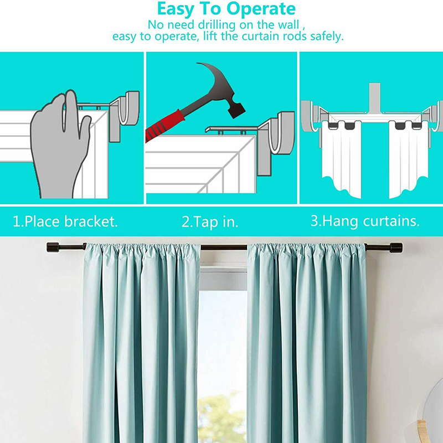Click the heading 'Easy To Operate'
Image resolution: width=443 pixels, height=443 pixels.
pyautogui.click(x=226, y=9)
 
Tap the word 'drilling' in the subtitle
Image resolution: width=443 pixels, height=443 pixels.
pyautogui.click(x=217, y=25)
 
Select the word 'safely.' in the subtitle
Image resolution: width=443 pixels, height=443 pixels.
pyautogui.click(x=327, y=37)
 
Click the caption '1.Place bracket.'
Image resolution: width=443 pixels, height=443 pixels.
pyautogui.click(x=65, y=221)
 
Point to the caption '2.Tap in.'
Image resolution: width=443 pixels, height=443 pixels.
pyautogui.click(x=210, y=222)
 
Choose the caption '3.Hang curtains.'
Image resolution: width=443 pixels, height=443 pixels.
pyautogui.click(x=365, y=221)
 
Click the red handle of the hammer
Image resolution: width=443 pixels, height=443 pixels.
pyautogui.click(x=165, y=125)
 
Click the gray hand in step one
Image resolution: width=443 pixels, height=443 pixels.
pyautogui.click(x=59, y=144)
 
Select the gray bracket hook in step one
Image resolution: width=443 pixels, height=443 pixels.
pyautogui.click(x=124, y=113)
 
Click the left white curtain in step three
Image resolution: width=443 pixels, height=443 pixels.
pyautogui.click(x=342, y=158)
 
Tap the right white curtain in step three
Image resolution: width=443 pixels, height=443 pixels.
pyautogui.click(x=408, y=158)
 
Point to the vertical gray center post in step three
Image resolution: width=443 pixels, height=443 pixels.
pyautogui.click(x=375, y=97)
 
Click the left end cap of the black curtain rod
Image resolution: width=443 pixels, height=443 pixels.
pyautogui.click(x=52, y=247)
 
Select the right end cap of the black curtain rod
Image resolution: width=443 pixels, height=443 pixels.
pyautogui.click(x=396, y=248)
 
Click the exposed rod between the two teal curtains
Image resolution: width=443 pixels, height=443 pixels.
pyautogui.click(x=224, y=248)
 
